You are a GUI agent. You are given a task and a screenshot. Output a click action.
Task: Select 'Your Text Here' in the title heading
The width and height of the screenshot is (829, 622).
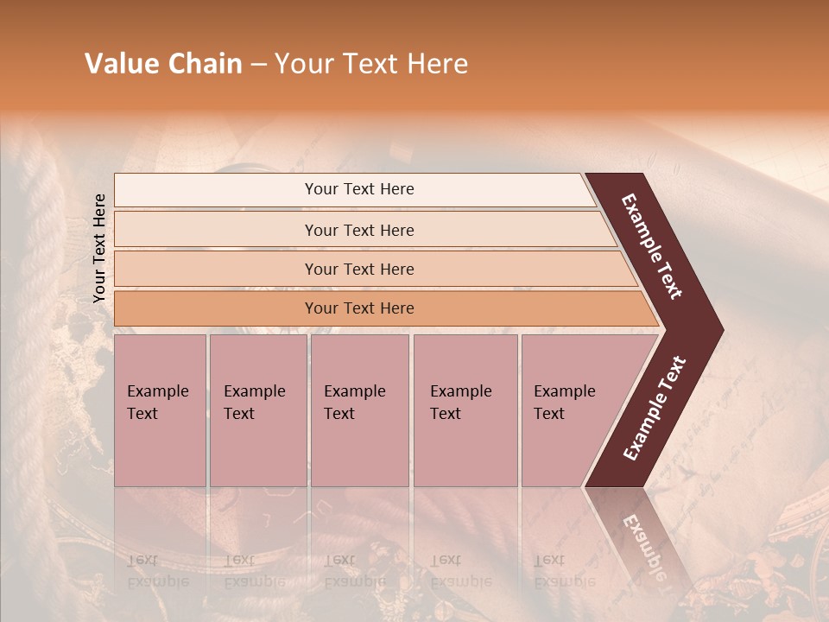[371, 64]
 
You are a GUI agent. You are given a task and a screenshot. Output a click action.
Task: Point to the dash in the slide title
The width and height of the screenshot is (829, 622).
[258, 65]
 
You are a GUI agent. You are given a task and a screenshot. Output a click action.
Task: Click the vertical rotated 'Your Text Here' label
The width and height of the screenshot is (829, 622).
[99, 248]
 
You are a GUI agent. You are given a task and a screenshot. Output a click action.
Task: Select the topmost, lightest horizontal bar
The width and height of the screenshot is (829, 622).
[354, 189]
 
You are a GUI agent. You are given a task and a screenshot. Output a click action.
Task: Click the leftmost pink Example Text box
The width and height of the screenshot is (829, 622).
[160, 410]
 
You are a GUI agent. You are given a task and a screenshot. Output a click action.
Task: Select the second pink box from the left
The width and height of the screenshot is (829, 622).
[257, 410]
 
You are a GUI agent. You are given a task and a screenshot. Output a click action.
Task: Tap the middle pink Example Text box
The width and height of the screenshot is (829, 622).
[359, 410]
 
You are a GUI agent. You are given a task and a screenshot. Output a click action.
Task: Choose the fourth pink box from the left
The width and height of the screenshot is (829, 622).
[465, 410]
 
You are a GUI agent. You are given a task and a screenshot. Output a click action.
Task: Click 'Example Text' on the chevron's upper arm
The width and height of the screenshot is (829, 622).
[653, 246]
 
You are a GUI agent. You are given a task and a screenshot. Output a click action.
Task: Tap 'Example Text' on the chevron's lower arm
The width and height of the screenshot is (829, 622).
[655, 409]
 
